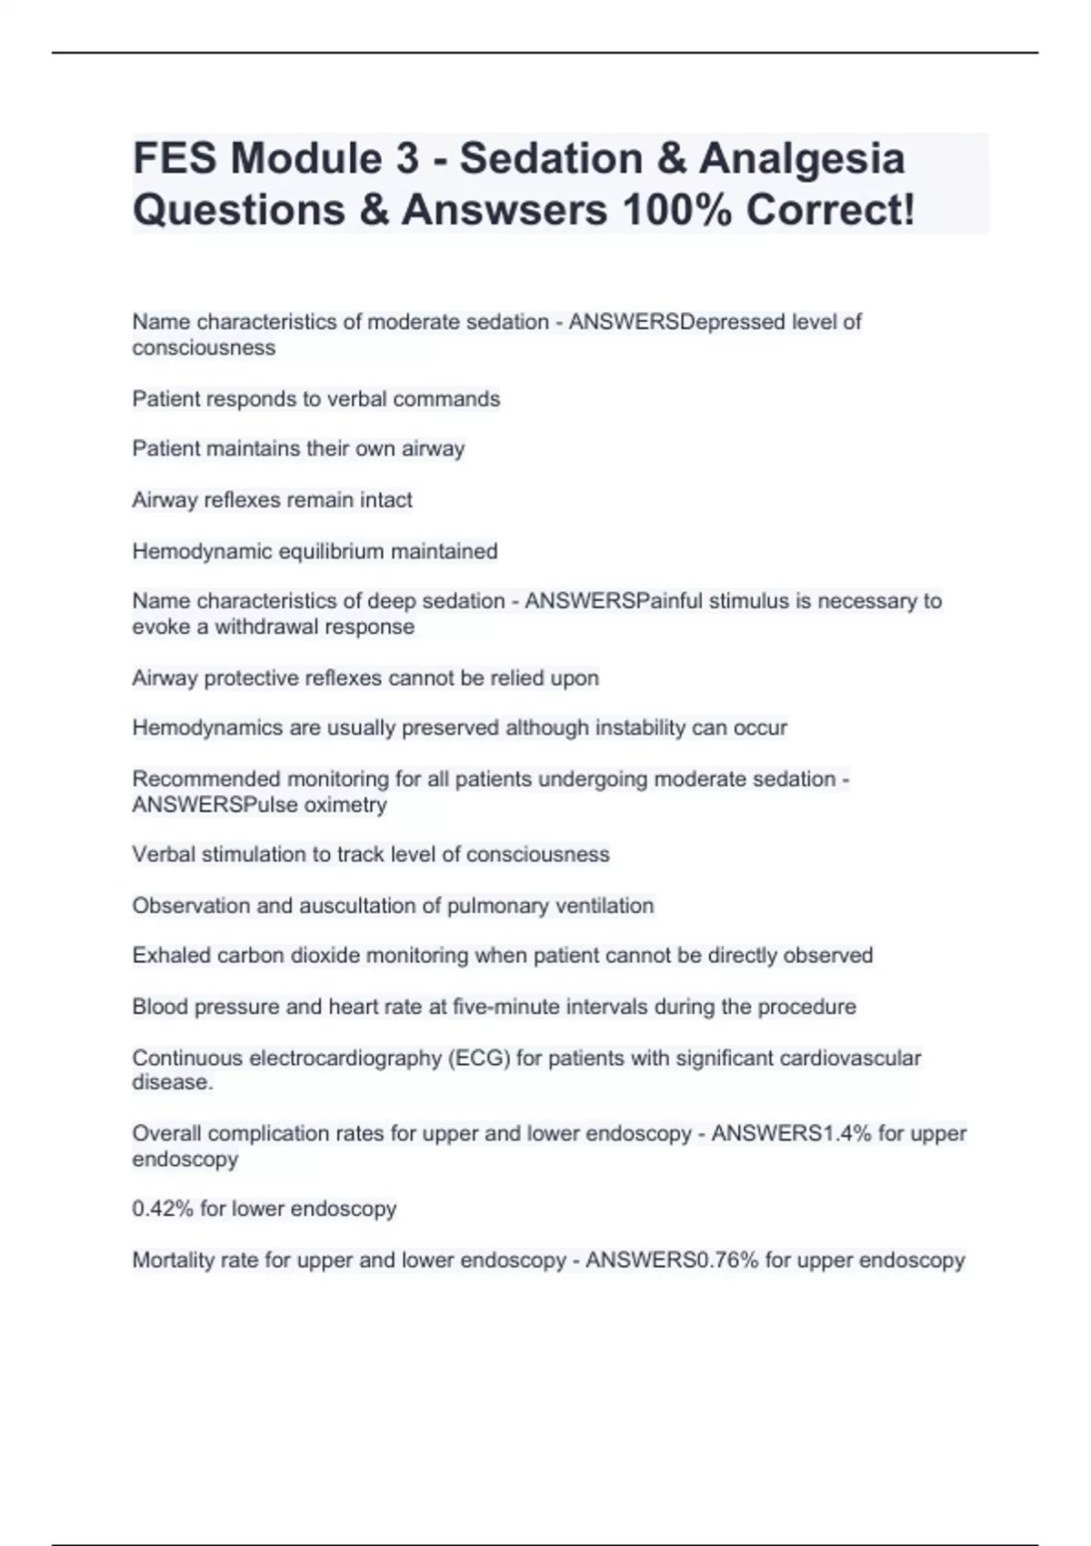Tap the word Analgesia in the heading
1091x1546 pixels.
[802, 159]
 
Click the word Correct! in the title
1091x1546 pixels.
[831, 210]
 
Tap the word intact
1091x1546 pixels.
[385, 500]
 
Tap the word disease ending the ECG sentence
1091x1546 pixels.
[172, 1082]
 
